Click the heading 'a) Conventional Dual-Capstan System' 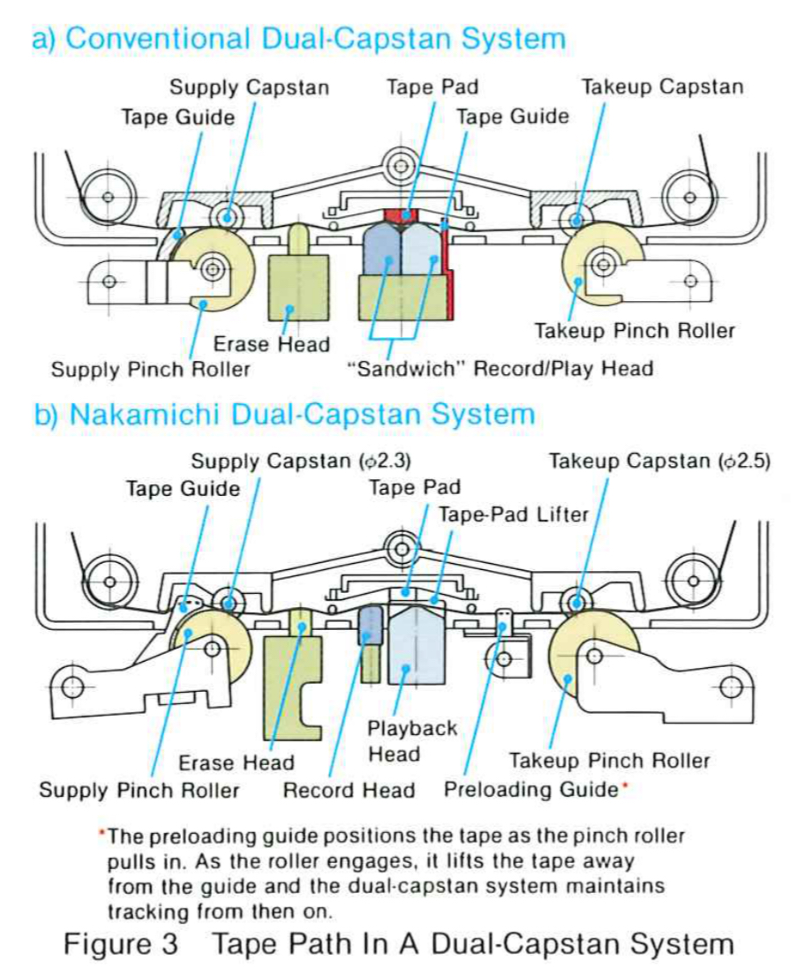coord(298,40)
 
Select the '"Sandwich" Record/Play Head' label coord(499,368)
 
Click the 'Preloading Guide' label coord(530,789)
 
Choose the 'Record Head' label coord(349,790)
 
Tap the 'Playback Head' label coord(400,741)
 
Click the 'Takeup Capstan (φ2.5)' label coord(660,461)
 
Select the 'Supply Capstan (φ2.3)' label coord(300,461)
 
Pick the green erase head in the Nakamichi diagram coord(291,688)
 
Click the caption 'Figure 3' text coord(120,943)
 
